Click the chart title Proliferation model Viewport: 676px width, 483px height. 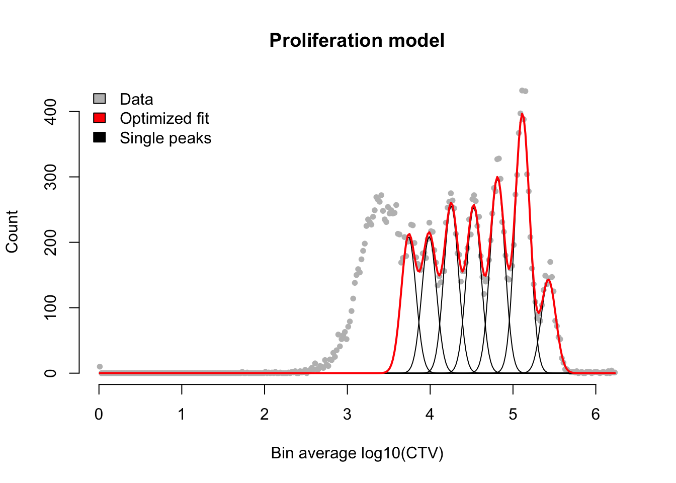click(357, 40)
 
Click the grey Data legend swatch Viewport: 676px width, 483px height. click(99, 99)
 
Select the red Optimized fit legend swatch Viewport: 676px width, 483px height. click(99, 118)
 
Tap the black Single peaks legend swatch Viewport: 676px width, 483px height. click(99, 137)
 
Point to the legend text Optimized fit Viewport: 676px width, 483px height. click(164, 118)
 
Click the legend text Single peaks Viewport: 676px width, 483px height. click(165, 138)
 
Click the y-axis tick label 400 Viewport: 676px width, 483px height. click(50, 112)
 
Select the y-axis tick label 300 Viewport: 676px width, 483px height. click(50, 177)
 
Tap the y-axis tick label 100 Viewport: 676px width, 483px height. click(50, 307)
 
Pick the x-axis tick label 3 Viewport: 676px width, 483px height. click(348, 414)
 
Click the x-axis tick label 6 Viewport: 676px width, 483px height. click(596, 414)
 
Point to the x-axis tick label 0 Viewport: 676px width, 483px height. click(99, 414)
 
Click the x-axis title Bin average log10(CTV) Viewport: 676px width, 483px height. click(357, 453)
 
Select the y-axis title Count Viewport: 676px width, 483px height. click(12, 231)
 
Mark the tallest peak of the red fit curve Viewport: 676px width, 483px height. click(522, 114)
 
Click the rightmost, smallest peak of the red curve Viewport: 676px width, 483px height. click(548, 280)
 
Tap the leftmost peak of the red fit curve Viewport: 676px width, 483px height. click(409, 234)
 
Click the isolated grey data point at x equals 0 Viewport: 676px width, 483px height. click(100, 366)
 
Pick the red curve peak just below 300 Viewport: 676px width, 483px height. click(497, 177)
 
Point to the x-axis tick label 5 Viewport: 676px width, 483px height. click(513, 414)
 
